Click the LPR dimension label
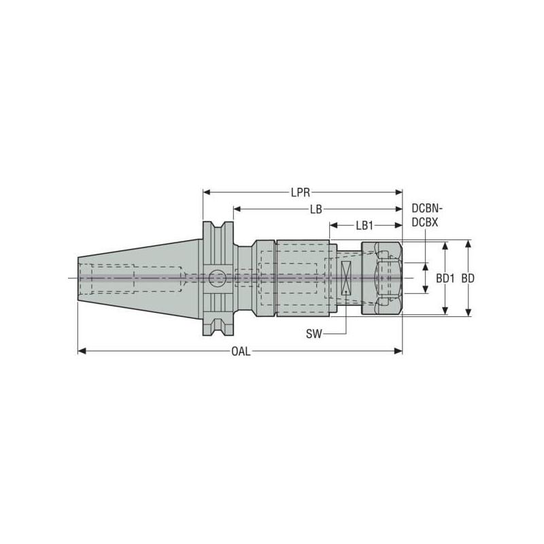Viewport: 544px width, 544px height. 301,192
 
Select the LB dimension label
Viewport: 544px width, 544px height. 316,209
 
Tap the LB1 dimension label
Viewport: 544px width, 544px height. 364,225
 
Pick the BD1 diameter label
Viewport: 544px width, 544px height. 445,278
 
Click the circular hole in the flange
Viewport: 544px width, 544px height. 218,277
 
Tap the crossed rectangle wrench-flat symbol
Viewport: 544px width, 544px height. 345,278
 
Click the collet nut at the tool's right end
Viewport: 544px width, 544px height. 381,278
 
